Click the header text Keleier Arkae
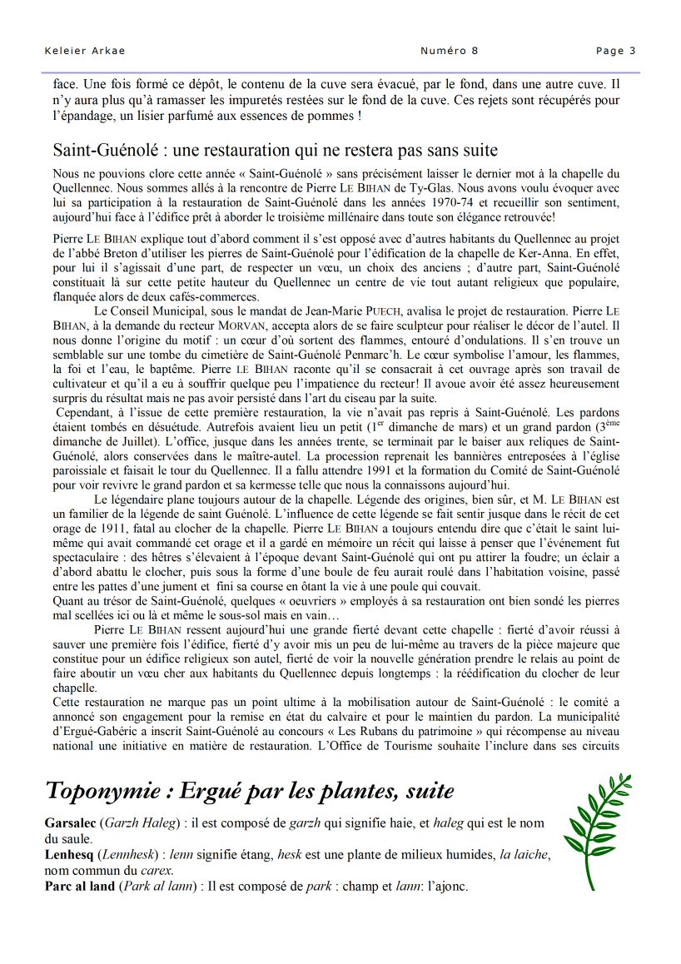(x=84, y=51)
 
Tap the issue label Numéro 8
(x=450, y=51)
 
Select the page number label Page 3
(x=615, y=51)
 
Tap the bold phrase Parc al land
(x=80, y=887)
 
